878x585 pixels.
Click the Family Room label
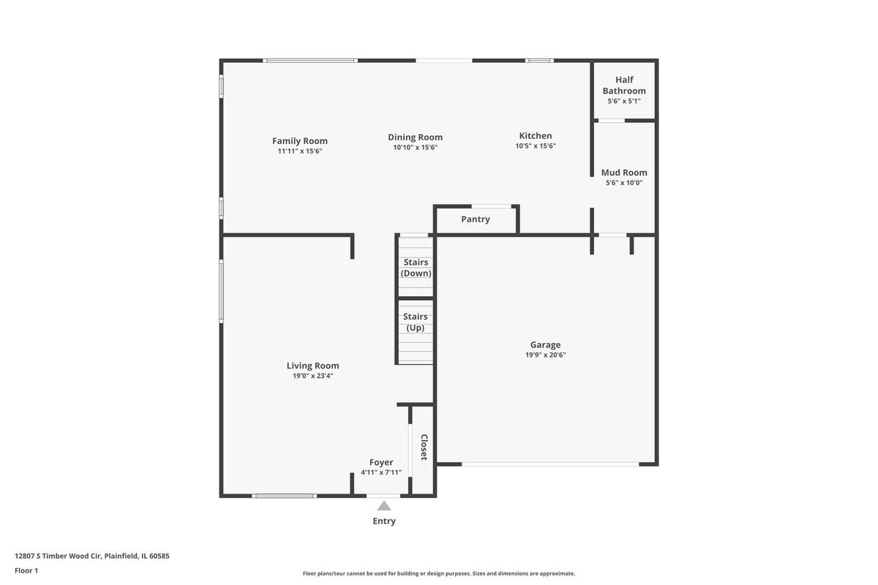pyautogui.click(x=300, y=140)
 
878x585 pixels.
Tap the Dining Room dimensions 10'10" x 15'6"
pyautogui.click(x=416, y=147)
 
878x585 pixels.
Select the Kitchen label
pyautogui.click(x=536, y=135)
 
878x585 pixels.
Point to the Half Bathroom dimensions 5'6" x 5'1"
pyautogui.click(x=624, y=101)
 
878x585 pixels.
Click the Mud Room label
pyautogui.click(x=624, y=173)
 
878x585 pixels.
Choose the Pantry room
pyautogui.click(x=476, y=219)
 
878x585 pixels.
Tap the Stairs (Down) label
pyautogui.click(x=416, y=268)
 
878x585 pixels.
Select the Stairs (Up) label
pyautogui.click(x=416, y=322)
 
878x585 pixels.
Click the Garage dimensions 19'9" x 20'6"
pyautogui.click(x=546, y=355)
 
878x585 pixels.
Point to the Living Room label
pyautogui.click(x=313, y=366)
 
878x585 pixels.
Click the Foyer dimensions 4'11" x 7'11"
pyautogui.click(x=381, y=472)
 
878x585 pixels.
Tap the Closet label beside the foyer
pyautogui.click(x=424, y=447)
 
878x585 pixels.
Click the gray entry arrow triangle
pyautogui.click(x=384, y=506)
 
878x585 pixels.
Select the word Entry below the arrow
pyautogui.click(x=384, y=521)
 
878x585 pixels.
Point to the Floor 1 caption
pyautogui.click(x=26, y=570)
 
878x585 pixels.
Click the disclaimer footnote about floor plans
pyautogui.click(x=438, y=573)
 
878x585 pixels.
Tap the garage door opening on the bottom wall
pyautogui.click(x=550, y=464)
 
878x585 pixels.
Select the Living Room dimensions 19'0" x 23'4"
pyautogui.click(x=313, y=376)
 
